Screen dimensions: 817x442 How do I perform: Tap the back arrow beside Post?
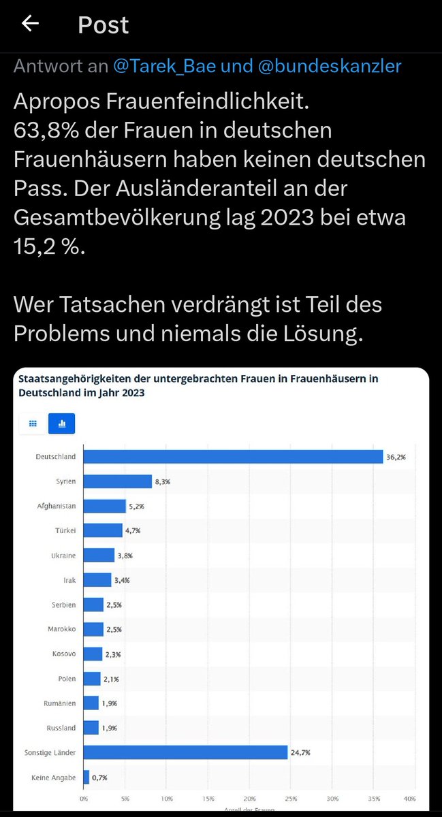click(x=30, y=24)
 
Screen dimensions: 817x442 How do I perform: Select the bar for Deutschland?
click(x=233, y=457)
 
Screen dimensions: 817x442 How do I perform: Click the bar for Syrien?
click(x=117, y=481)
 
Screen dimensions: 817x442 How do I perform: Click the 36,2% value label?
click(x=396, y=458)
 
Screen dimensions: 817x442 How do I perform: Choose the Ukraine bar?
click(x=99, y=555)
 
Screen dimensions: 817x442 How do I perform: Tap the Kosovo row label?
click(x=64, y=654)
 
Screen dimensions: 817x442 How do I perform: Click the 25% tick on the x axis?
click(x=291, y=798)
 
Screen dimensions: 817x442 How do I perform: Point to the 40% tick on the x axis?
click(x=410, y=798)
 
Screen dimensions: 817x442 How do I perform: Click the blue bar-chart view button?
click(x=62, y=423)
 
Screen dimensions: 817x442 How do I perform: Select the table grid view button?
click(x=32, y=423)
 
